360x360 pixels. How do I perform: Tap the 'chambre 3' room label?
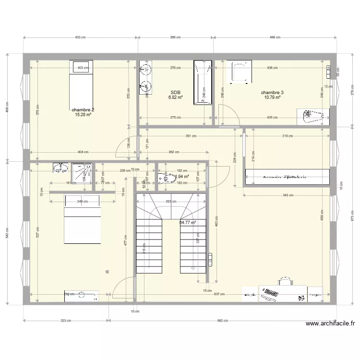tap(272, 93)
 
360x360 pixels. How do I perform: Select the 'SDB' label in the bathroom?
tap(175, 93)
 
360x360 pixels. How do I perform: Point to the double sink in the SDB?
tap(145, 80)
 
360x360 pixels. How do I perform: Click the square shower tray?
tap(82, 173)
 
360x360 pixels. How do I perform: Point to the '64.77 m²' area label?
tap(188, 223)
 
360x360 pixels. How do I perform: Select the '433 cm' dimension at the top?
tap(80, 37)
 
